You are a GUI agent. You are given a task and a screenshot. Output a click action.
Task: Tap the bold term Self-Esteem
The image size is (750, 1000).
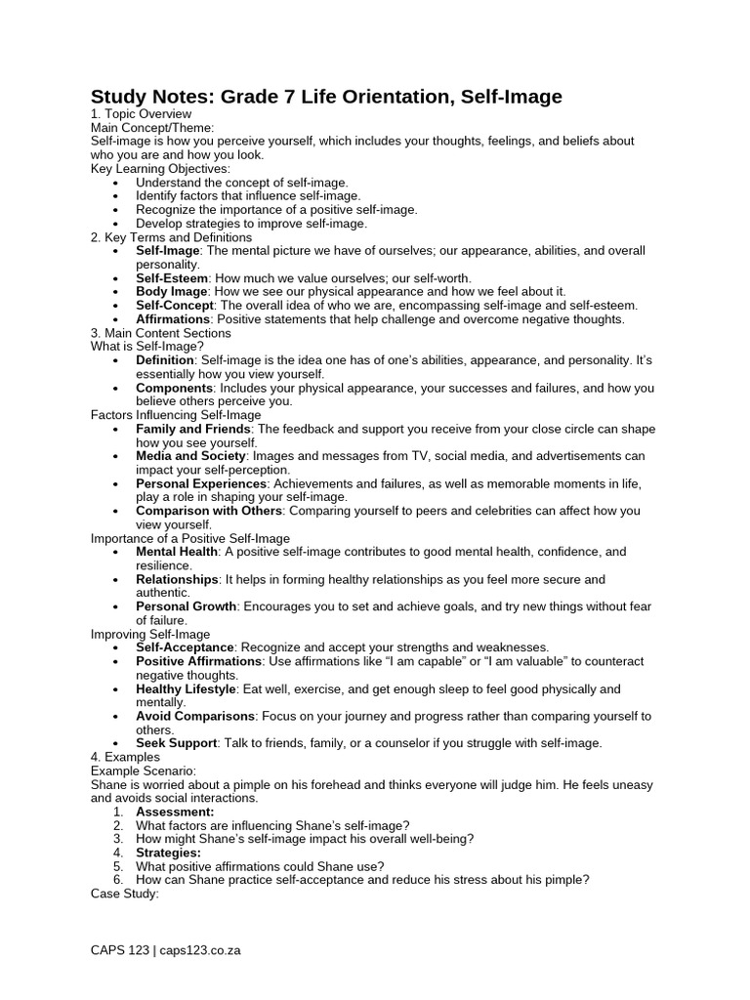click(172, 278)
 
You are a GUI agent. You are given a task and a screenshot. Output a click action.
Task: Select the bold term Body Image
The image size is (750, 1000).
click(171, 292)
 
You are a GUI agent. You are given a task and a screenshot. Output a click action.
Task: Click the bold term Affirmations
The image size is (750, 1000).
click(173, 319)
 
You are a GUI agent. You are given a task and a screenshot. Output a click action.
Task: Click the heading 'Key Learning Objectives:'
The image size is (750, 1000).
click(160, 169)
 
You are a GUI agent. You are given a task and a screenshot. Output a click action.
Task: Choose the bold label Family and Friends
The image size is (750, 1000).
click(193, 430)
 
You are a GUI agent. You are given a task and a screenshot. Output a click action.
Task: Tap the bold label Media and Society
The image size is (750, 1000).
click(191, 456)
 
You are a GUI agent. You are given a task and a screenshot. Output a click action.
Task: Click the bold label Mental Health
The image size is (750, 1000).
click(178, 552)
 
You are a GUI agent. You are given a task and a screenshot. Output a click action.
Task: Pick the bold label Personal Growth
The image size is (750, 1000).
click(186, 606)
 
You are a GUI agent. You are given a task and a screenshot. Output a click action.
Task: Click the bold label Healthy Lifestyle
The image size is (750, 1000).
click(186, 689)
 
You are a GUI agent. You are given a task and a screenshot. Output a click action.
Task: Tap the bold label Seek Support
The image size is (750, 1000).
click(176, 743)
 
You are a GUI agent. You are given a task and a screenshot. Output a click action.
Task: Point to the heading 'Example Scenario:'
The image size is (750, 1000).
click(144, 771)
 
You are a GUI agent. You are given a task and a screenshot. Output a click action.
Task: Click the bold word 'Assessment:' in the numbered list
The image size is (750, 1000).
click(175, 812)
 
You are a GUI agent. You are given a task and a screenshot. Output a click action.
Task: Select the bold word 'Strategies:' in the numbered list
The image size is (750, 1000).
click(169, 853)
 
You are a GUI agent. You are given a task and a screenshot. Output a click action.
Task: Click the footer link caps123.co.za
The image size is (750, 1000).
click(200, 950)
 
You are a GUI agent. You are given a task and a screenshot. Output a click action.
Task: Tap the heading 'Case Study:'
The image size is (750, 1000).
click(124, 894)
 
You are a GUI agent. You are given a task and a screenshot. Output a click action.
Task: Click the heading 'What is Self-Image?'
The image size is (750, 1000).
click(147, 347)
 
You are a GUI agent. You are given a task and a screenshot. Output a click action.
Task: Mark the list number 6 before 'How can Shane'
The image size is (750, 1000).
click(118, 880)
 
